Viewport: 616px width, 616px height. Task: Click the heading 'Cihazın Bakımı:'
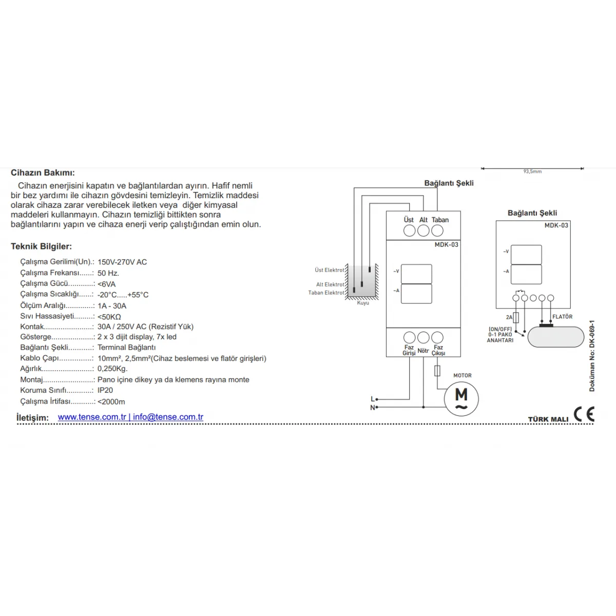(43, 173)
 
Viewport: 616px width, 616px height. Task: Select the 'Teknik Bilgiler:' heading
(41, 247)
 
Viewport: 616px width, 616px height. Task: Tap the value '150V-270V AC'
(122, 262)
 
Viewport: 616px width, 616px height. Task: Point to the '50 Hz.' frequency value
(108, 273)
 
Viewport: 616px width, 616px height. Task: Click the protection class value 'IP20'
(105, 390)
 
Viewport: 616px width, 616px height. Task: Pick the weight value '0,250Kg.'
(112, 369)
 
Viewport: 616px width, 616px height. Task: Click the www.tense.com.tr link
(92, 417)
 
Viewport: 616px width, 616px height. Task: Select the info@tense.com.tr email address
(168, 417)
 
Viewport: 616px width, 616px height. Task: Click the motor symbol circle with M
(461, 398)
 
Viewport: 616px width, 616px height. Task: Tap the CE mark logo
(584, 414)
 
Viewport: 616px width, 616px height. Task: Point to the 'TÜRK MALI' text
(548, 419)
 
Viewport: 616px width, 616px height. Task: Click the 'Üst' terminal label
(409, 220)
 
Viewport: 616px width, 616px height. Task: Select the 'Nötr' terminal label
(423, 351)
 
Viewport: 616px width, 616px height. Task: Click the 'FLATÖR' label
(562, 317)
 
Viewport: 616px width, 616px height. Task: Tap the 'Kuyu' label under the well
(363, 303)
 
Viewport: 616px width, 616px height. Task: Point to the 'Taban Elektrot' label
(326, 293)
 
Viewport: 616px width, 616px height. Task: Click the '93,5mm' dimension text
(532, 171)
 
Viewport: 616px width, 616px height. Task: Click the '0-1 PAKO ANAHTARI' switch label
(500, 337)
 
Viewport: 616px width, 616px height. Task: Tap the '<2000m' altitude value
(111, 402)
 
